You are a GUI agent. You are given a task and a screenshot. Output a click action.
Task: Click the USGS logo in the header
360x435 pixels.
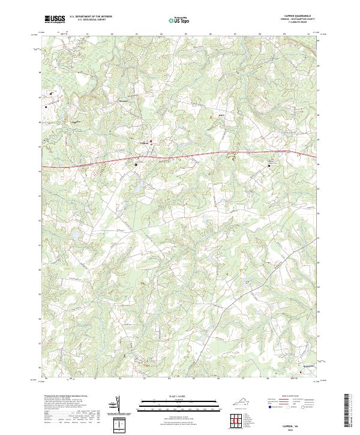pos(55,20)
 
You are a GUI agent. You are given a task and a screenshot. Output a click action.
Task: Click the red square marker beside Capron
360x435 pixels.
pos(151,142)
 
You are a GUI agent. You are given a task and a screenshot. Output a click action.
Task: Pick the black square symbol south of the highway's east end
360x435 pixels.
pos(269,166)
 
